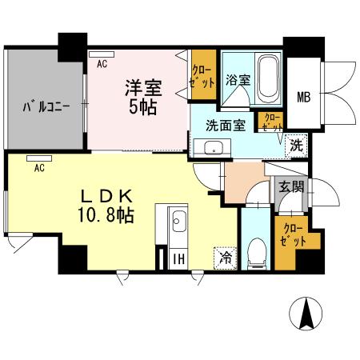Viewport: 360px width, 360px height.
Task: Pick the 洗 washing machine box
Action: tap(296, 146)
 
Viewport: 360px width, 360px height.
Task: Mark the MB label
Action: tap(305, 97)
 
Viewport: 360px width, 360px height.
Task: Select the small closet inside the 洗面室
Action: tap(270, 122)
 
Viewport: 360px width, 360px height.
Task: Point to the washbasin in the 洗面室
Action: tap(213, 147)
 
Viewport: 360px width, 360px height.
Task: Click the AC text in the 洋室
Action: tap(102, 62)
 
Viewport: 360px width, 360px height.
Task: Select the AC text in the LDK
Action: tap(38, 168)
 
